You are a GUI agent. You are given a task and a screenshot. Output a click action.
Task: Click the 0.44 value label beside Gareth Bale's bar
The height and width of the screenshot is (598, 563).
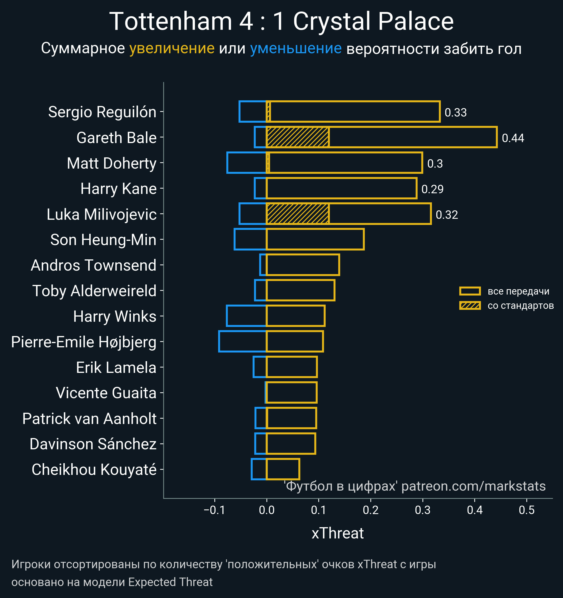point(513,138)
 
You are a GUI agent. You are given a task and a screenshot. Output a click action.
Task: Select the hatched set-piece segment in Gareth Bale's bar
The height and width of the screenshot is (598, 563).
point(297,137)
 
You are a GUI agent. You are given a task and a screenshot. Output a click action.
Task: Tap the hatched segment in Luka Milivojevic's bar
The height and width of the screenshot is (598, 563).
point(297,214)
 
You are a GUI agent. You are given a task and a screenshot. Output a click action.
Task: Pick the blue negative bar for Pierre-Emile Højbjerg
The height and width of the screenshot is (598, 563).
point(243,341)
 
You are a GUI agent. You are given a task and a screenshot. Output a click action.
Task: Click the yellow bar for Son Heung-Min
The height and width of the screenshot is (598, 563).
point(315,239)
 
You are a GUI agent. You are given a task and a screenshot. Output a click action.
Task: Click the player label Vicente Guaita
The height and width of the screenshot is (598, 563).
point(106,393)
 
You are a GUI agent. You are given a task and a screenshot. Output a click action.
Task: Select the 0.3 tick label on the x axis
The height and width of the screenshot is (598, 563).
point(422,510)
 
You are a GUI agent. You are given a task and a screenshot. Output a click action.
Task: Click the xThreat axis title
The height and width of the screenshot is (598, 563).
point(338,533)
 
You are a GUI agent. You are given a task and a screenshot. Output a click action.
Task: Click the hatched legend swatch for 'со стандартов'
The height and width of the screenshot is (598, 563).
point(470,306)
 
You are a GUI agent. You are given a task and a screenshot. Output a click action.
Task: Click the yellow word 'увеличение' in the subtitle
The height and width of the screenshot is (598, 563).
point(172,49)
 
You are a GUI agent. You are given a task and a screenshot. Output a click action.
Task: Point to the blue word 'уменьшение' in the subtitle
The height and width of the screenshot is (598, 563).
point(296,49)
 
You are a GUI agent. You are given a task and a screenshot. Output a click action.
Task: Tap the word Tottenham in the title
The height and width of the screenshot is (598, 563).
point(171,22)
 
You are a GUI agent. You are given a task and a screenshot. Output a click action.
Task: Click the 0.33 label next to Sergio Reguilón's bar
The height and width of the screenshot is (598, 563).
point(456,113)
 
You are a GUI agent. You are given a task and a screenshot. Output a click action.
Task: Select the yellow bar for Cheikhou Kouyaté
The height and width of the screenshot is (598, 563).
point(283,469)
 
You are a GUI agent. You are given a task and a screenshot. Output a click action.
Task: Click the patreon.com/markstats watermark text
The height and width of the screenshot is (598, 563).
point(473,486)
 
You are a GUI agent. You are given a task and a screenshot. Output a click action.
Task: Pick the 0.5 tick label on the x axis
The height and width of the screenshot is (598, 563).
point(527,510)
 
